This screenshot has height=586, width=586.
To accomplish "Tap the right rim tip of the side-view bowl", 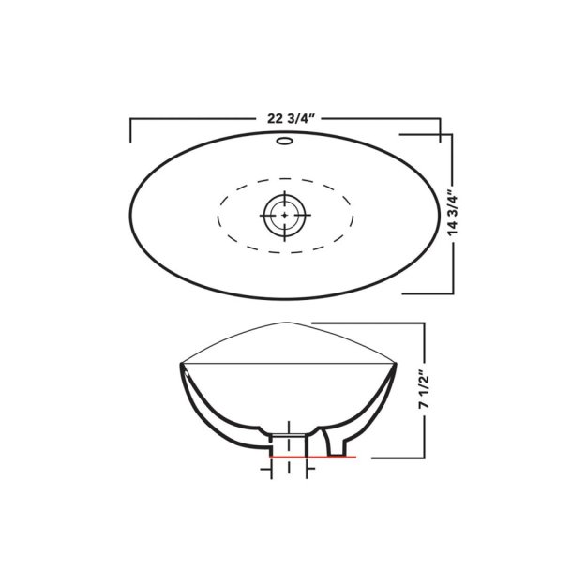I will [395, 361].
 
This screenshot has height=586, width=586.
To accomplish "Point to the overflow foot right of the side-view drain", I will [329, 446].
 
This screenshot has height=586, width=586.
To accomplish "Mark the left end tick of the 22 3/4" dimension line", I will [130, 129].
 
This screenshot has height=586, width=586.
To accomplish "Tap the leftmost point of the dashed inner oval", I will [218, 215].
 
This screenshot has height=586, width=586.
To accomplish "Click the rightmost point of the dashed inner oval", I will [353, 215].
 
